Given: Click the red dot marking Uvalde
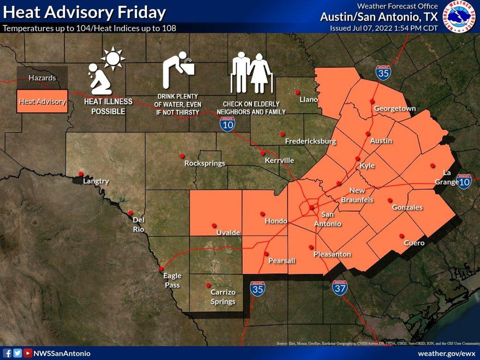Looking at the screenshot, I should pyautogui.click(x=214, y=225).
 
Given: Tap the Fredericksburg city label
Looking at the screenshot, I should pyautogui.click(x=310, y=141).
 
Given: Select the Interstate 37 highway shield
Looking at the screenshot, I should pyautogui.click(x=339, y=288).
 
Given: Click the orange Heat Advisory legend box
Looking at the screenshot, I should pyautogui.click(x=42, y=101).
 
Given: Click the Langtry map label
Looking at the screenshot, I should pyautogui.click(x=96, y=181).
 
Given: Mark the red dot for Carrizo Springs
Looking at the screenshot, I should pyautogui.click(x=208, y=285).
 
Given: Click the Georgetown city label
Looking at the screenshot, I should pyautogui.click(x=395, y=109).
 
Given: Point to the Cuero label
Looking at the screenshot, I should pyautogui.click(x=414, y=243).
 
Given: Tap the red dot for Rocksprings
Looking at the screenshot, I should pyautogui.click(x=182, y=156).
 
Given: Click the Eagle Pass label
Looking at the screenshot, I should pyautogui.click(x=172, y=280).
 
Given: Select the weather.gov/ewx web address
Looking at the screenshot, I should pyautogui.click(x=447, y=353).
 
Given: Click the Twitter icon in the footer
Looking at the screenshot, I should pyautogui.click(x=17, y=353).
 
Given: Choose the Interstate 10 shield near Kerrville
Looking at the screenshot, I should pyautogui.click(x=227, y=124).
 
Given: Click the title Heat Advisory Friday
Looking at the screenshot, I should pyautogui.click(x=84, y=13).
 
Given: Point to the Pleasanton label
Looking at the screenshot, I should pyautogui.click(x=332, y=254).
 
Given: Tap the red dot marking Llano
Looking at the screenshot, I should pyautogui.click(x=297, y=92).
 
